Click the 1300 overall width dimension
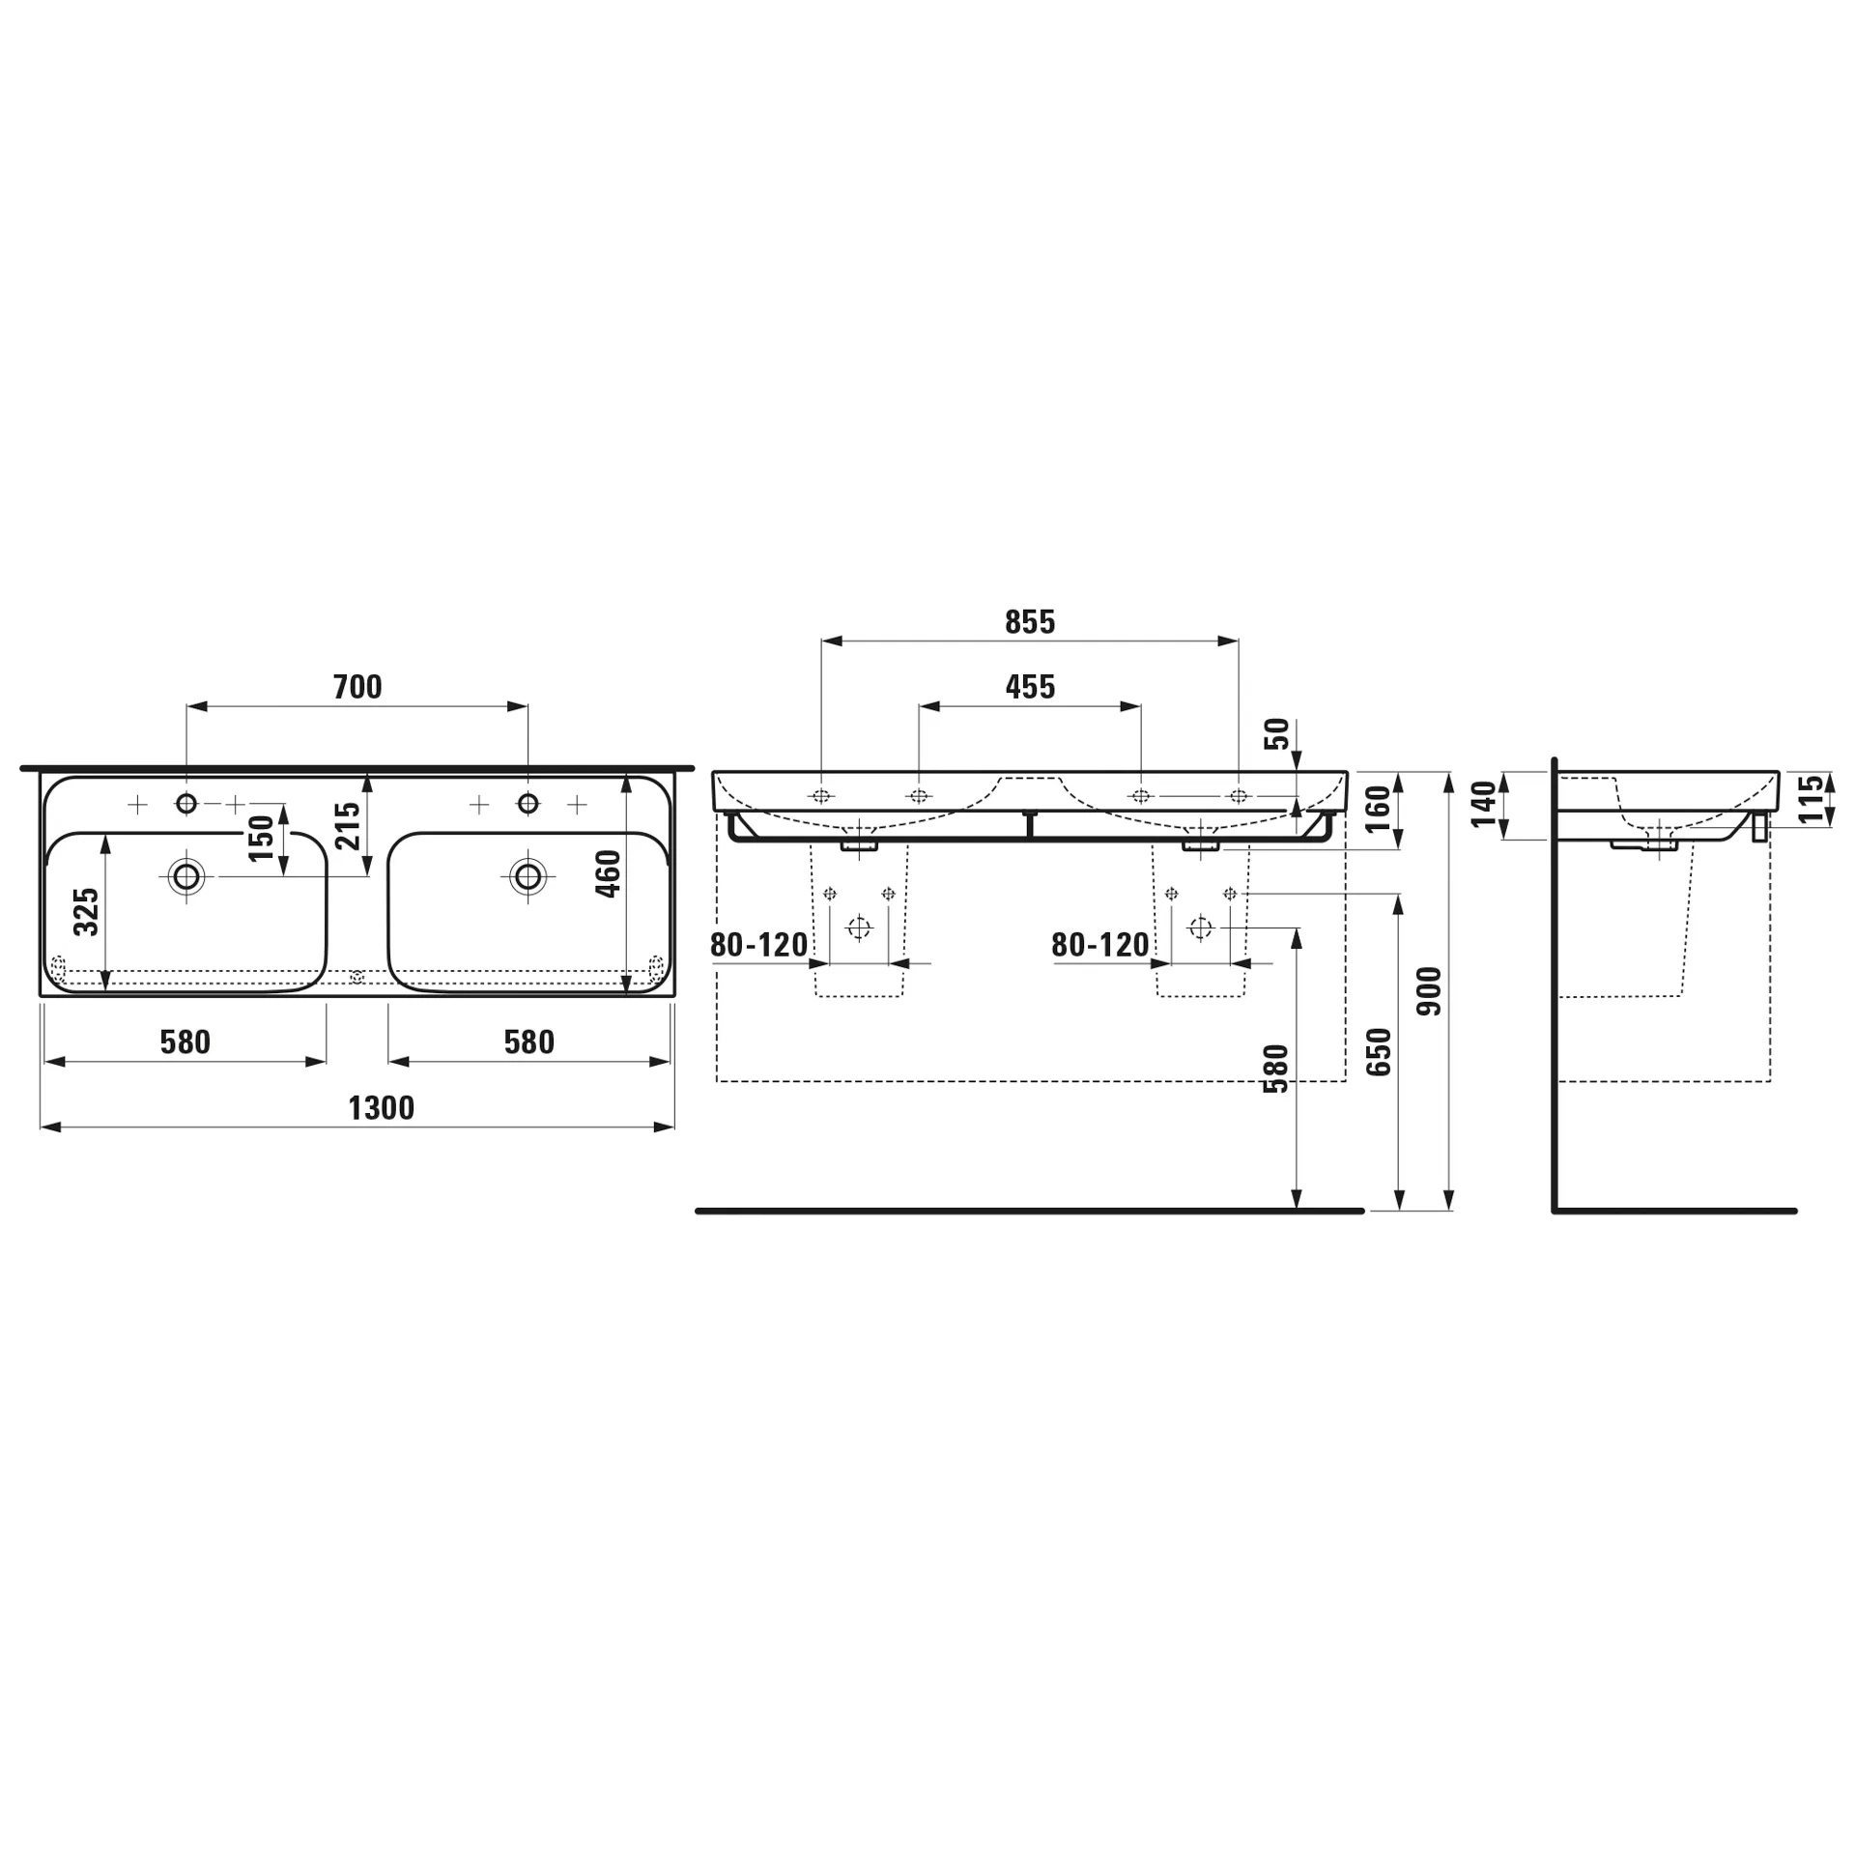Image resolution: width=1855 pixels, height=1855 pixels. click(382, 1107)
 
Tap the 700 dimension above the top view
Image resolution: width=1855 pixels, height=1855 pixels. click(357, 687)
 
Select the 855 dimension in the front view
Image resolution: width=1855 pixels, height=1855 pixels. click(1030, 622)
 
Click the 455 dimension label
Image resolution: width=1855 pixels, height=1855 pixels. click(1030, 687)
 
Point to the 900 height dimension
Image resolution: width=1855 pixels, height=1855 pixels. click(1429, 991)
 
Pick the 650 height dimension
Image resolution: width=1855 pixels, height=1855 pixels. click(1379, 1052)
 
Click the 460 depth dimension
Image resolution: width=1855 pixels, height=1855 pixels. click(608, 873)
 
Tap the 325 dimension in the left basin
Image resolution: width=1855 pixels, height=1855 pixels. click(86, 912)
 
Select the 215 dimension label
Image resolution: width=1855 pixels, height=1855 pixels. click(347, 826)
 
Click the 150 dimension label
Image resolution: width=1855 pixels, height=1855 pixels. click(261, 839)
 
